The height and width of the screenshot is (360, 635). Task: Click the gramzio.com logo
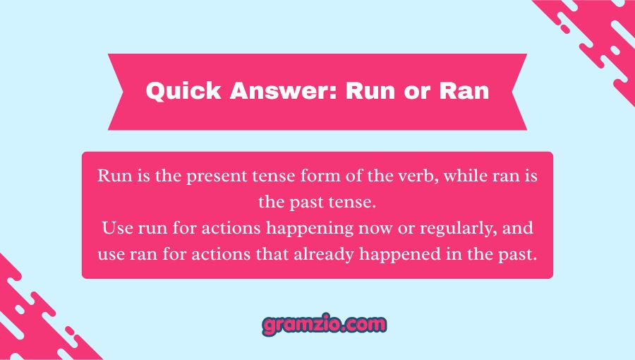pos(325,325)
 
